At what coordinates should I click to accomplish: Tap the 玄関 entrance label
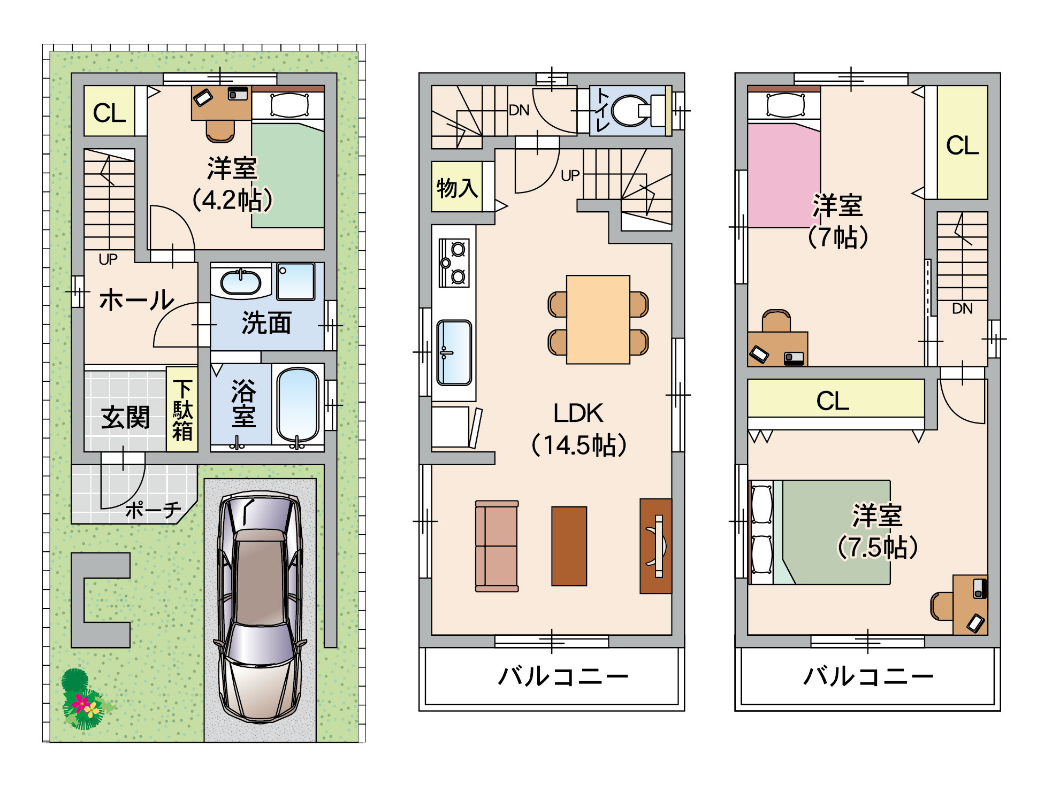coord(125,417)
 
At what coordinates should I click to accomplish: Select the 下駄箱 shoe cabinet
coord(182,409)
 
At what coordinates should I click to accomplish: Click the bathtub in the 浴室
coord(298,405)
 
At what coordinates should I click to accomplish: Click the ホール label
coord(137,299)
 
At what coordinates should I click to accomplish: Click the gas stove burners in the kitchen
coord(454,263)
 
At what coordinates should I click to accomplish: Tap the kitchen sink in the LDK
coord(454,352)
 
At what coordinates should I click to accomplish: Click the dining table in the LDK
coord(598,319)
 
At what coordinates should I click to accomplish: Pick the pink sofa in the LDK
coord(497,546)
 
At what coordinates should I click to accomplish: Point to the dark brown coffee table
coord(569,546)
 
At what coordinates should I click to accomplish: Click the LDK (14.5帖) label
coord(578,429)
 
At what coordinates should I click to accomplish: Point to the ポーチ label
coord(153,510)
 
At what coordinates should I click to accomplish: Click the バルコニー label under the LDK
coord(563,676)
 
